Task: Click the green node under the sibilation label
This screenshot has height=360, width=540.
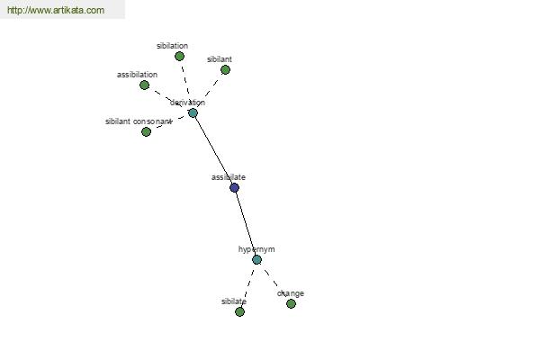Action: click(x=179, y=56)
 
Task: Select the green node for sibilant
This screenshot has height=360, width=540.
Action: click(x=225, y=70)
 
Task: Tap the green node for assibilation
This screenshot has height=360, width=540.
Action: click(x=145, y=85)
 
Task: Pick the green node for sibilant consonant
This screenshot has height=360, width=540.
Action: click(x=147, y=131)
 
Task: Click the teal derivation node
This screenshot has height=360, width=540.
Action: click(x=193, y=113)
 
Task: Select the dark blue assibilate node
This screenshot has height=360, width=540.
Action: click(x=235, y=188)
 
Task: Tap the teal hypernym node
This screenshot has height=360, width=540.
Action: click(x=256, y=260)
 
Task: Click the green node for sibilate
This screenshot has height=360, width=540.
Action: click(x=240, y=311)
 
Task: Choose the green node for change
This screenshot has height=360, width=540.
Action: click(x=291, y=303)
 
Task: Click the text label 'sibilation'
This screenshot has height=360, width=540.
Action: click(x=172, y=46)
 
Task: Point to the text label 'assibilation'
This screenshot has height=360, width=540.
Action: click(x=137, y=75)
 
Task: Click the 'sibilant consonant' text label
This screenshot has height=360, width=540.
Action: click(x=139, y=121)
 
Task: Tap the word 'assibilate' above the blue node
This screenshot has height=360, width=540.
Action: click(x=229, y=177)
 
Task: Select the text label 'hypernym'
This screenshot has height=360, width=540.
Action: click(x=256, y=249)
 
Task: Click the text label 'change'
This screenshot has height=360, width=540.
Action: click(x=291, y=293)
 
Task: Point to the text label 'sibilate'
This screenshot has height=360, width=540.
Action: click(x=234, y=301)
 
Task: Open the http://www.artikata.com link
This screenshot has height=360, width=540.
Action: click(x=56, y=10)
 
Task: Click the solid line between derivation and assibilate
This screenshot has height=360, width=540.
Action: click(x=213, y=150)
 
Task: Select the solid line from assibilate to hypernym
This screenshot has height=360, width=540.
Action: click(x=246, y=223)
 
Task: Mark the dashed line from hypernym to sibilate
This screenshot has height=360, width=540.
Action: click(x=248, y=286)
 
